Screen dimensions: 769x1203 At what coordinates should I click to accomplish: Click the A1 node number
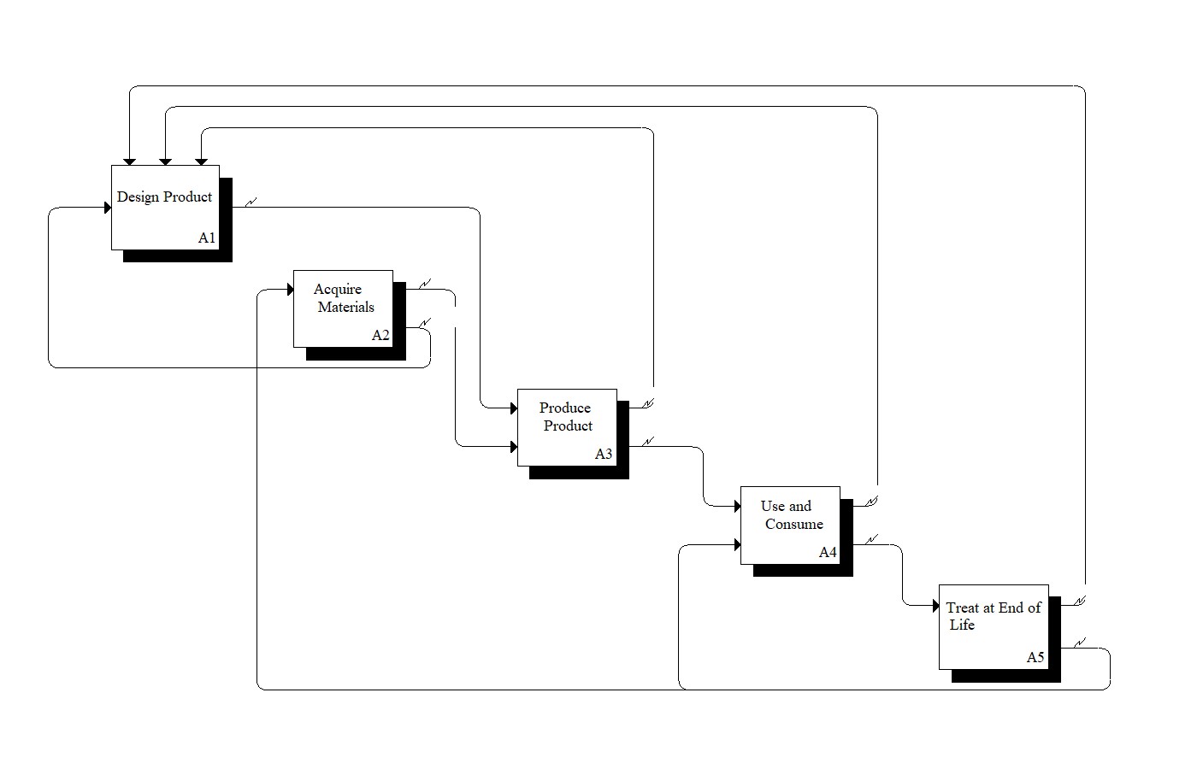(x=207, y=238)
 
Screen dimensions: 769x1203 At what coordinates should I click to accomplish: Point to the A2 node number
(x=380, y=336)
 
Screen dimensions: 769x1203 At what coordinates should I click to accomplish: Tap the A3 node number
(x=604, y=455)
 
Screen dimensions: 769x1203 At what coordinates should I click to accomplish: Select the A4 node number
(x=828, y=553)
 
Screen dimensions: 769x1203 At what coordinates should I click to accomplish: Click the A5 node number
(x=1035, y=658)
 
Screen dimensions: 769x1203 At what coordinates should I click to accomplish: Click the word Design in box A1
(x=138, y=197)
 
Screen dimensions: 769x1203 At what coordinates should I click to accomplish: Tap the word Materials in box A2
(x=346, y=308)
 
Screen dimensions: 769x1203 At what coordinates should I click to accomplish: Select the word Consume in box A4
(x=794, y=525)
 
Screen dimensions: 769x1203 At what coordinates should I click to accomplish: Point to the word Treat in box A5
(x=962, y=608)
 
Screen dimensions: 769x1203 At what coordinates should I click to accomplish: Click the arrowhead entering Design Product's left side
(x=108, y=208)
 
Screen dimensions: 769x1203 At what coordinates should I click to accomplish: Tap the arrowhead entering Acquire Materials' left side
(x=290, y=291)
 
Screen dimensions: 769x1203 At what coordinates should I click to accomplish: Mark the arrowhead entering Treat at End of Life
(x=935, y=606)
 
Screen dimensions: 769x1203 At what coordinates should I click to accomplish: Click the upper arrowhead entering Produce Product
(x=513, y=408)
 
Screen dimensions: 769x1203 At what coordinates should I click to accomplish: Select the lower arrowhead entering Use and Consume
(x=737, y=544)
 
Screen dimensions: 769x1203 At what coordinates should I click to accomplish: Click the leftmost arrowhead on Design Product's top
(x=129, y=161)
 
